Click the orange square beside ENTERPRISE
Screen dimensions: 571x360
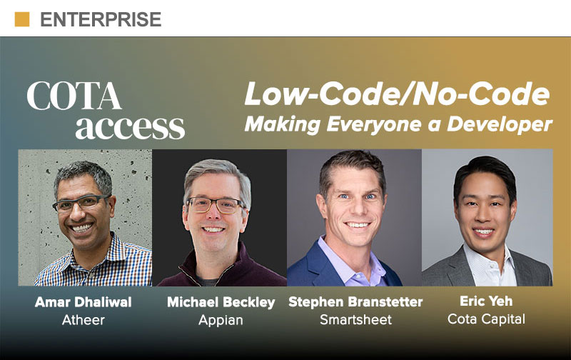(22, 19)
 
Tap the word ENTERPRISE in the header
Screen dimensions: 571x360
(101, 20)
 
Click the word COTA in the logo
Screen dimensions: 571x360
(74, 96)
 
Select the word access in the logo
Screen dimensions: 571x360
(130, 127)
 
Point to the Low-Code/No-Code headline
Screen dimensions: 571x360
(397, 94)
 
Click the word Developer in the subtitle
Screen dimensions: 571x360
(499, 124)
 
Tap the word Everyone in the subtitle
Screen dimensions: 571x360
(374, 124)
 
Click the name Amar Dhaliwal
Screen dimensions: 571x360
(84, 302)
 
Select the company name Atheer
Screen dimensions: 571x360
(84, 320)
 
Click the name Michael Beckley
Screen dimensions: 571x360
(221, 302)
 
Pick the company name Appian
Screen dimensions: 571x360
(221, 320)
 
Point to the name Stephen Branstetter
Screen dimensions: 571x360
(355, 302)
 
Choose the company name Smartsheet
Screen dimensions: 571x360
(355, 319)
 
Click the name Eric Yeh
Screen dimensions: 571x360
(486, 301)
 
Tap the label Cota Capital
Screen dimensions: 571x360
(486, 319)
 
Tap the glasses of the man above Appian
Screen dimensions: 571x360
(215, 205)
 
